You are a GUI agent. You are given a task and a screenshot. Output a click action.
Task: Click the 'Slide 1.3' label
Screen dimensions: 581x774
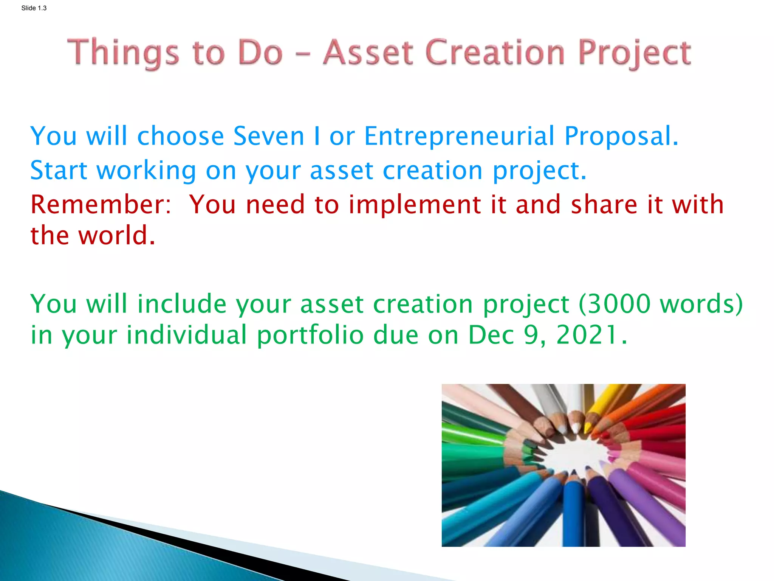pos(34,8)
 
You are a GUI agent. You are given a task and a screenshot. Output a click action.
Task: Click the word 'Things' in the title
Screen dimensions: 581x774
pos(123,53)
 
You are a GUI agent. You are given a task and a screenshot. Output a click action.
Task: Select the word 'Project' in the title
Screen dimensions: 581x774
pos(635,53)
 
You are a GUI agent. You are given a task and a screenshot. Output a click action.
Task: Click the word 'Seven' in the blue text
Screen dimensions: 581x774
pos(269,136)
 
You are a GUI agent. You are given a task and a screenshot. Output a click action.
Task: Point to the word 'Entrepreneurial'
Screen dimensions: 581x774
pos(459,136)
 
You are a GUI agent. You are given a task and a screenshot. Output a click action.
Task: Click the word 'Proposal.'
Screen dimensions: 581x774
pos(621,137)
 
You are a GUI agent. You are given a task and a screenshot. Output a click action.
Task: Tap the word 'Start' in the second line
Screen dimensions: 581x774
pos(59,170)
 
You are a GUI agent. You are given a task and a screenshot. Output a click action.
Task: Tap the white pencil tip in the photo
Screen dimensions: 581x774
pos(575,428)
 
